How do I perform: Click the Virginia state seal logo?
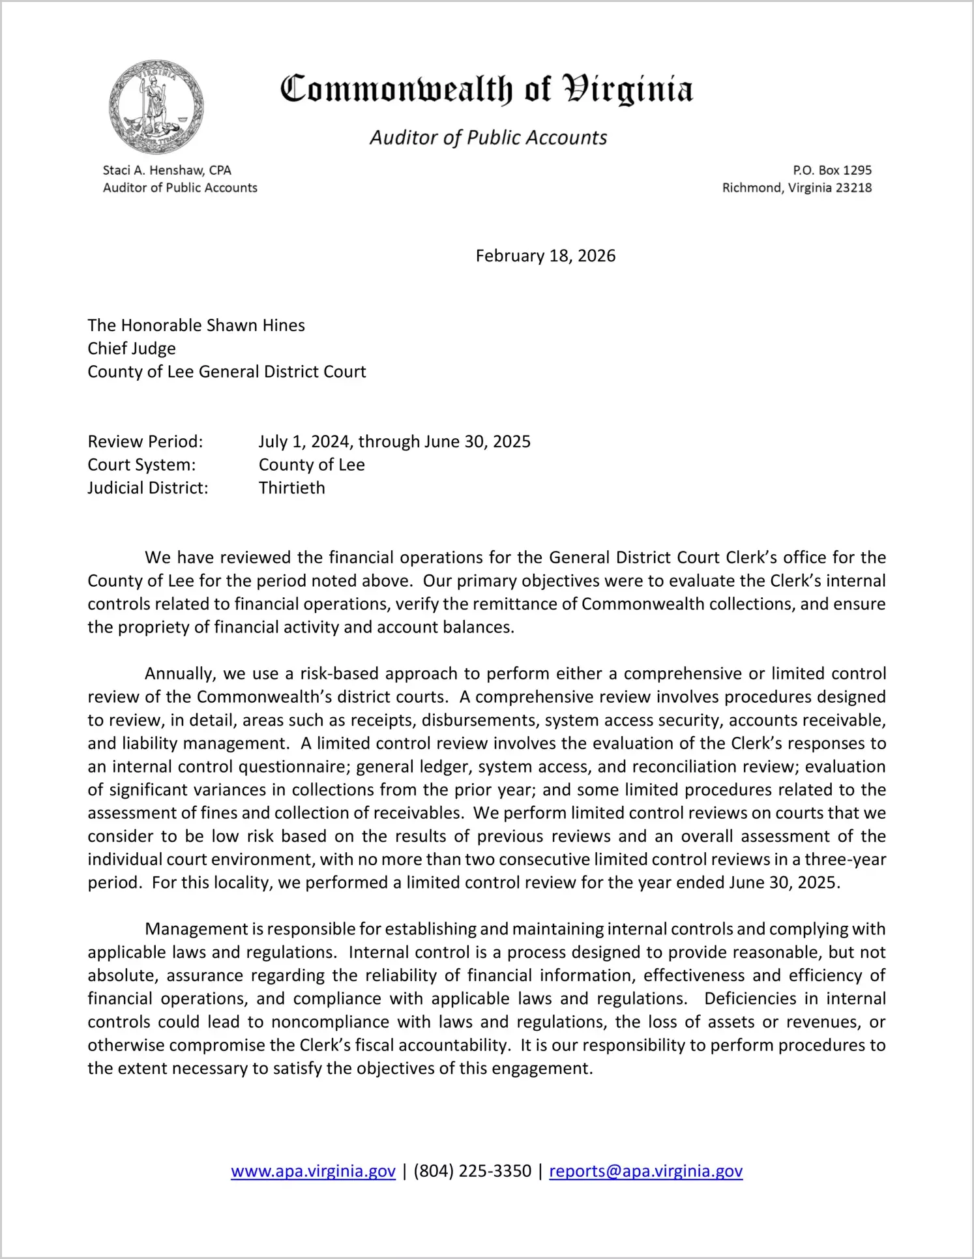coord(156,107)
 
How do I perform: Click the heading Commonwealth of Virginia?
coord(486,90)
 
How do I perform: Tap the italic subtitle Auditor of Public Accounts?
coord(488,138)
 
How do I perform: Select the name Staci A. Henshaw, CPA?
coord(167,170)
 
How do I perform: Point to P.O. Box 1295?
coord(832,170)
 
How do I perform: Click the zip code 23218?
coord(853,188)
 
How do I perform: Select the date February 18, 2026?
coord(545,256)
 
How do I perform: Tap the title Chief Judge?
coord(132,348)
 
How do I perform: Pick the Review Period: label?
coord(145,441)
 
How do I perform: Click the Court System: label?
coord(141,465)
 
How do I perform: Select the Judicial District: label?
coord(148,488)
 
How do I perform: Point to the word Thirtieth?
coord(291,488)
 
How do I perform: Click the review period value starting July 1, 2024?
coord(394,441)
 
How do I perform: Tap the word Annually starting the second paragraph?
coord(179,674)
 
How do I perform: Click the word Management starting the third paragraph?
coord(196,929)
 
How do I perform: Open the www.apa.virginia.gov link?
coord(313,1171)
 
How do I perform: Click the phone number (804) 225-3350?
coord(472,1171)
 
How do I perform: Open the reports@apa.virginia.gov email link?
coord(645,1171)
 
